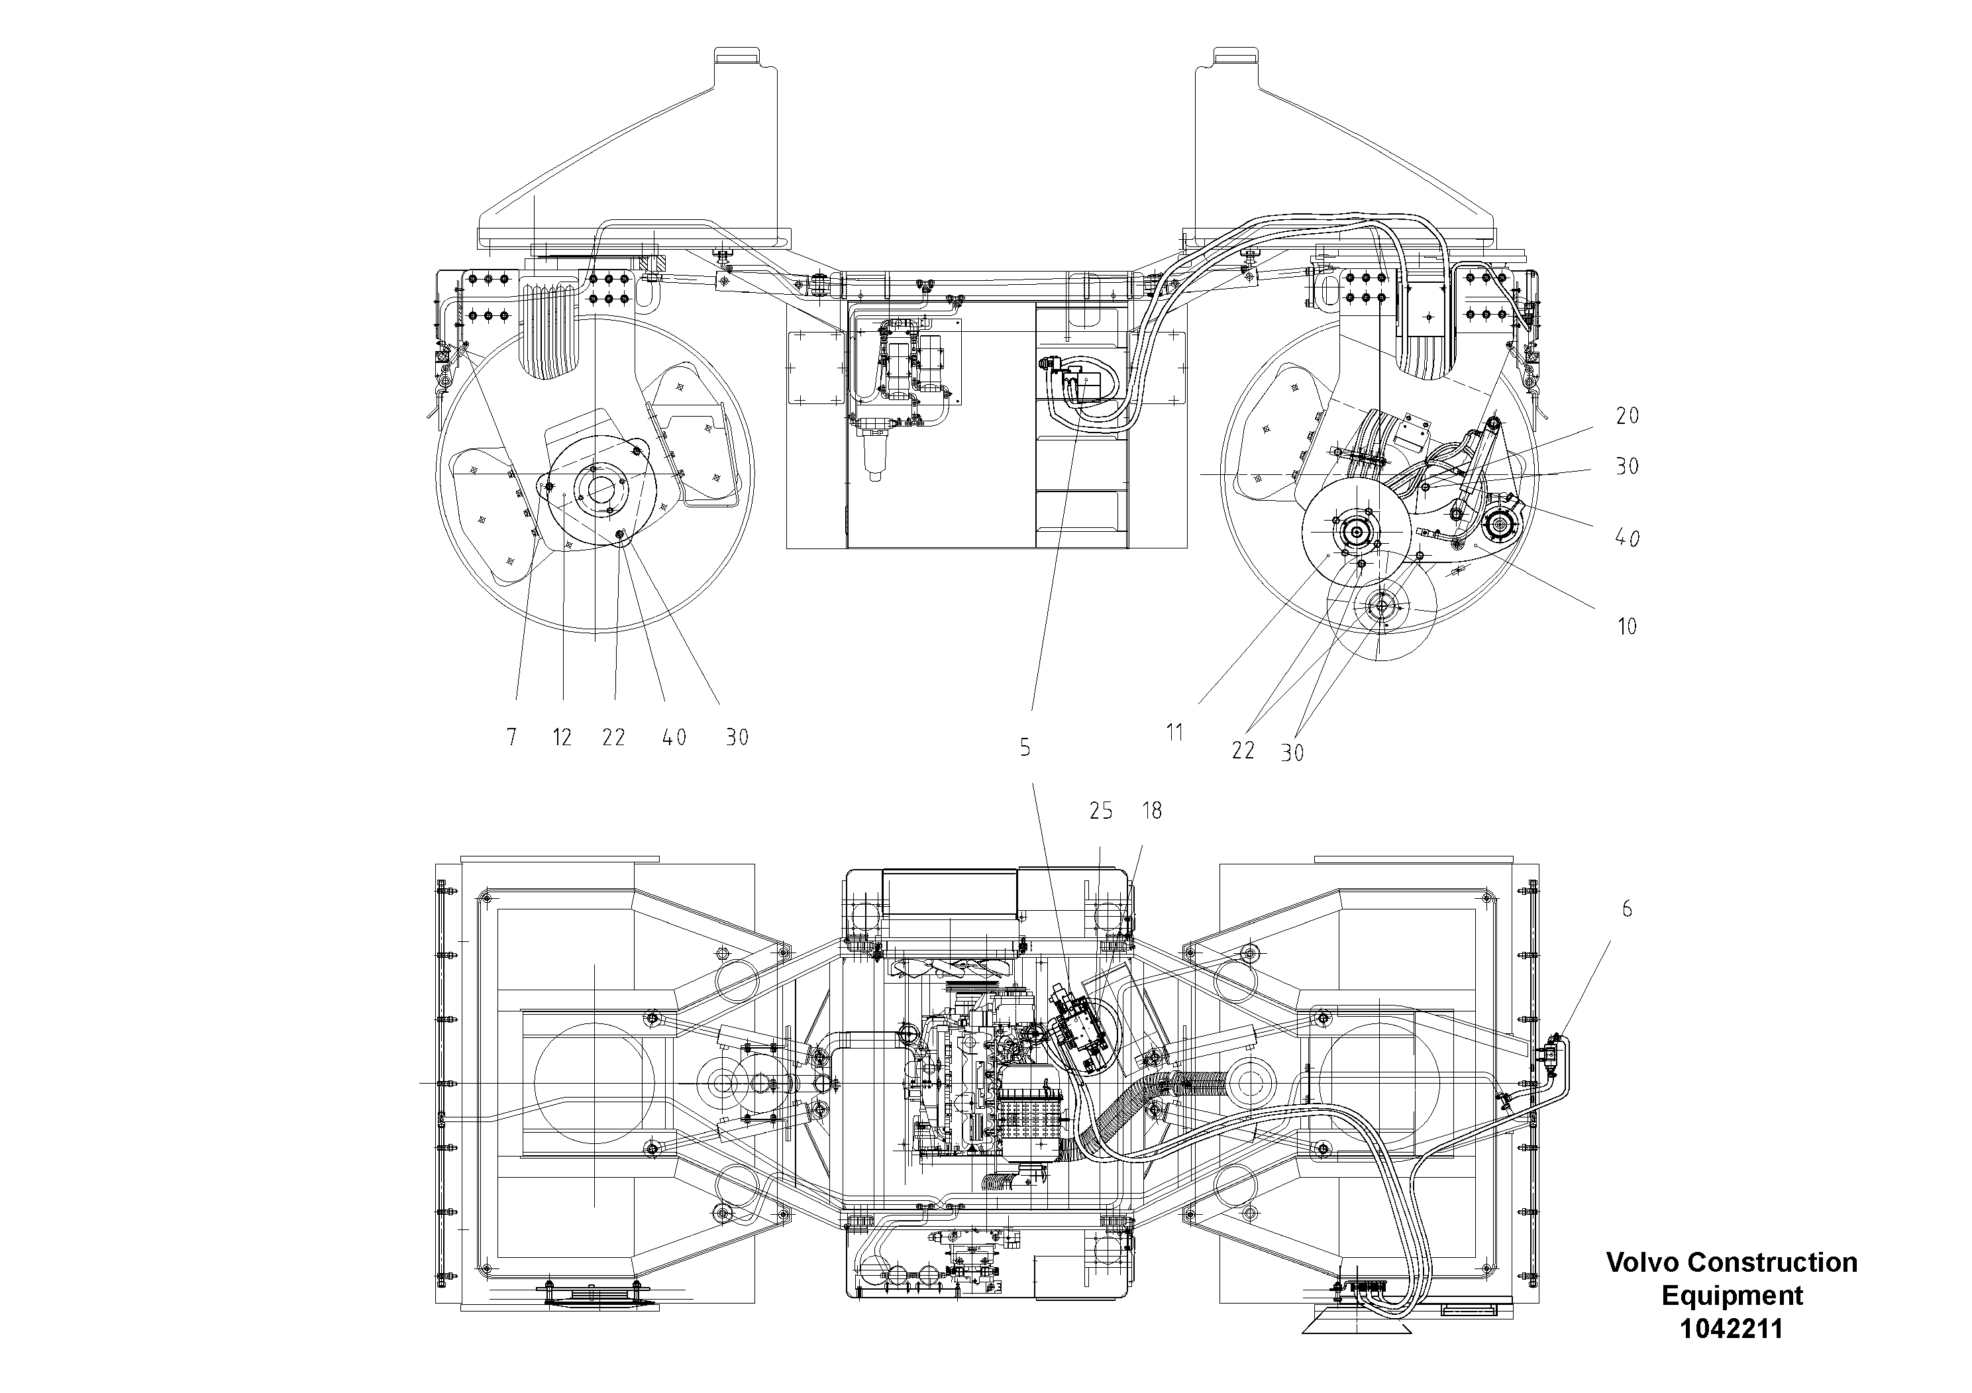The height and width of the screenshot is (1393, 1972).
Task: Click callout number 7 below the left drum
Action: pos(512,737)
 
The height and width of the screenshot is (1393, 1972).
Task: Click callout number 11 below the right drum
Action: pos(1174,733)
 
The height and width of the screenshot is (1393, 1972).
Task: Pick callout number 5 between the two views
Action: pos(1025,748)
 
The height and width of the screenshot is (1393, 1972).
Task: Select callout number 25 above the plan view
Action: pos(1101,811)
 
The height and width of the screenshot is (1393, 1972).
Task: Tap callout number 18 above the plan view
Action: pos(1152,811)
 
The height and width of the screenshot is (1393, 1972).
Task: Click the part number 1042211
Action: pos(1731,1329)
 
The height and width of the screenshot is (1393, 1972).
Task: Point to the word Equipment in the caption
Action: pos(1732,1295)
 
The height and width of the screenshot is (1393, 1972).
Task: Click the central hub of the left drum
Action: pos(599,486)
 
